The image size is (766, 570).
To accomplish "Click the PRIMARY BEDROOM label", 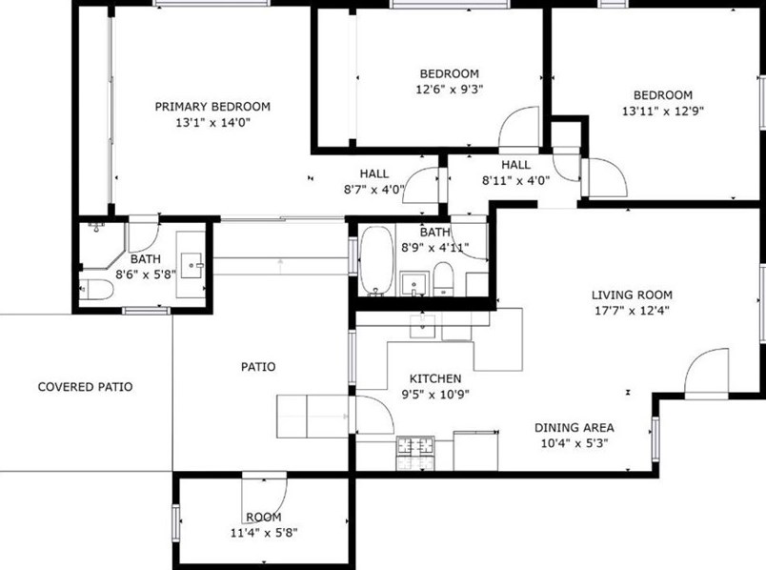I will click(212, 106).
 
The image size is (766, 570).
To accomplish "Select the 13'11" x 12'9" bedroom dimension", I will click(662, 111).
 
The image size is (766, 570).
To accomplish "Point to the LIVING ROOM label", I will click(632, 295).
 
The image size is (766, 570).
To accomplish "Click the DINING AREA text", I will click(573, 427).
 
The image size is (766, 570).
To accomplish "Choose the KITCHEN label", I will click(435, 378).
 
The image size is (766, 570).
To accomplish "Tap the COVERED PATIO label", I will click(85, 387).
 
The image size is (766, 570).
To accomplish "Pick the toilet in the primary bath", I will click(96, 291).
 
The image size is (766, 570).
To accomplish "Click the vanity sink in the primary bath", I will click(196, 259).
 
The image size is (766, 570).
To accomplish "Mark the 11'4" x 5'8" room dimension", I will click(264, 532).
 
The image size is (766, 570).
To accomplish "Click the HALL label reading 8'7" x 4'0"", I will click(374, 189).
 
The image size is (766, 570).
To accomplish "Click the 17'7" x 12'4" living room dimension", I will click(632, 310).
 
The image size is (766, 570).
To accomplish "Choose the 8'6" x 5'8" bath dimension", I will click(145, 275).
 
